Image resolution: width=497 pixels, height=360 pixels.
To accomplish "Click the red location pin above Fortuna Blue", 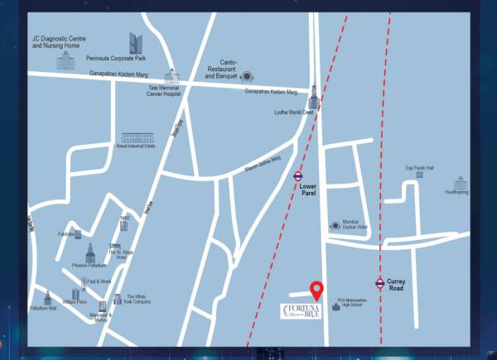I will coord(316,290).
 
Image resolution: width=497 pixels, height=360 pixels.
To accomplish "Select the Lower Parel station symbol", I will coord(297,175).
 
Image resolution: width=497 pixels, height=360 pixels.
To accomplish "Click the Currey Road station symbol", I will coord(379,283).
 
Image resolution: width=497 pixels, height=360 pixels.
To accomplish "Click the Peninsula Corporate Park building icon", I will coord(136,42).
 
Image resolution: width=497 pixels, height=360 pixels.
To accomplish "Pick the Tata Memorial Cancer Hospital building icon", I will coord(171,77).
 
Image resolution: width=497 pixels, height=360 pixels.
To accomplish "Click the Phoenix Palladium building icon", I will coord(90,252).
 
